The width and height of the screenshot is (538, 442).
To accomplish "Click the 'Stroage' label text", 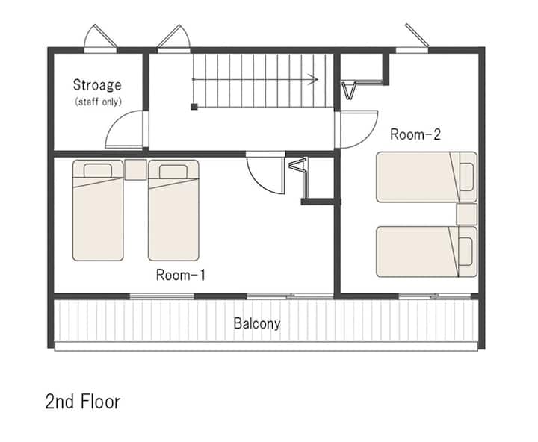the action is [x=97, y=85].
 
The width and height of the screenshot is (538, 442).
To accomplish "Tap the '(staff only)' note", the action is [x=98, y=102].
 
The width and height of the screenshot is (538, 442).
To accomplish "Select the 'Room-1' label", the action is [x=181, y=275].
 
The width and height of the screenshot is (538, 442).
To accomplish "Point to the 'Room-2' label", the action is [x=415, y=134].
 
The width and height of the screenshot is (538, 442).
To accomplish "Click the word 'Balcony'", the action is [x=257, y=323].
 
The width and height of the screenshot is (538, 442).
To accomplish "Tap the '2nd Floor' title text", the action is [x=83, y=402].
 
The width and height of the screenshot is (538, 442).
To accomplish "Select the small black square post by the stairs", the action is [x=194, y=107].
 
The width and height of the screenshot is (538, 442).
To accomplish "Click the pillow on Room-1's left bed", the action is [x=98, y=171].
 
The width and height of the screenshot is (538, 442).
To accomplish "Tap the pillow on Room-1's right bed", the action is [x=173, y=172].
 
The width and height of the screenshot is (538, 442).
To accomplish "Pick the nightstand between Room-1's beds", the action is [x=135, y=169].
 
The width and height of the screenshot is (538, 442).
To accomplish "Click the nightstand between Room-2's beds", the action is [x=466, y=214].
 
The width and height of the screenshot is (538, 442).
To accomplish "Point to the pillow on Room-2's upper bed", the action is [x=466, y=177].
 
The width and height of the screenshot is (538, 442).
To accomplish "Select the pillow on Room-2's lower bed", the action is [x=466, y=252].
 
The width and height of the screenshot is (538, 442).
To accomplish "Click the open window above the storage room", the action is [x=101, y=37].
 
